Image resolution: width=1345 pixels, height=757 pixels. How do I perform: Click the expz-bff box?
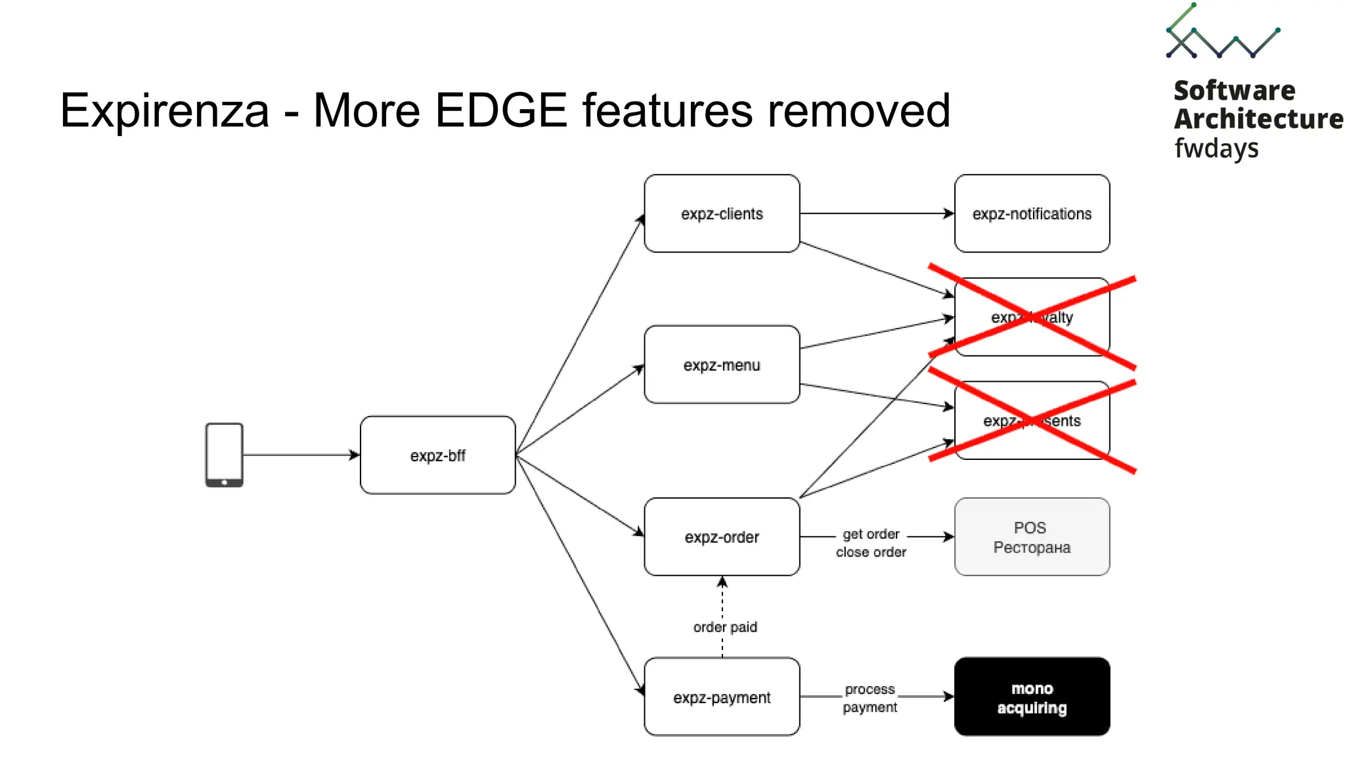coord(437,455)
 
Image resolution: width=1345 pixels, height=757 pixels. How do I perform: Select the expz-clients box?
coord(722,214)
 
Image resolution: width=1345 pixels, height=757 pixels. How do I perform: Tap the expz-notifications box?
coord(1032,214)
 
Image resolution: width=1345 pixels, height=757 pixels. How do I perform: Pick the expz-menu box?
coord(722,365)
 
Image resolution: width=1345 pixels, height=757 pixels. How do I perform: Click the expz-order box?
coord(722,537)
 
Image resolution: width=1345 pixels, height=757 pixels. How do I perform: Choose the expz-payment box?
coord(722,697)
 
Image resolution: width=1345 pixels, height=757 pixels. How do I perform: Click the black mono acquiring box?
coord(1032,697)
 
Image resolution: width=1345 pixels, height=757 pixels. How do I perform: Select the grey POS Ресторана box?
coord(1032,537)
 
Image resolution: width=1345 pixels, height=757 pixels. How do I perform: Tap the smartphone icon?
coord(224,455)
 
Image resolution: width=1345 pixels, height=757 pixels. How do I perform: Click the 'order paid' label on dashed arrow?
coord(725,627)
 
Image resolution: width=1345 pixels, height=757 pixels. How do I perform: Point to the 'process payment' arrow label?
coord(870,698)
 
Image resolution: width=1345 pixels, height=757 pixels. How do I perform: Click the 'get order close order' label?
coord(871,543)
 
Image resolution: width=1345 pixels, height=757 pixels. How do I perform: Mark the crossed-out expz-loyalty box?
coord(1032,317)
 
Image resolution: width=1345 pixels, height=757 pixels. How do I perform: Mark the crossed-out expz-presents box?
coord(1032,421)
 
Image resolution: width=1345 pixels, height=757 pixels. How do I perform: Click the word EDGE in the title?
coord(500,110)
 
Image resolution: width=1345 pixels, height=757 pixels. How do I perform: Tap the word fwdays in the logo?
coord(1216,149)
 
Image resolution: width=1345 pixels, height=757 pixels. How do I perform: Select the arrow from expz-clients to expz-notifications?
coord(877,214)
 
